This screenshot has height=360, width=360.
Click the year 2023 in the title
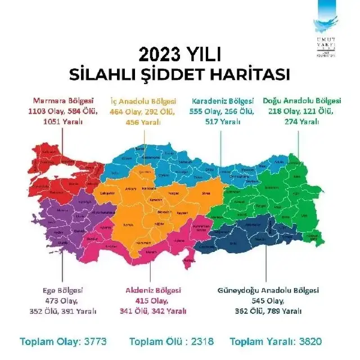[x=160, y=54]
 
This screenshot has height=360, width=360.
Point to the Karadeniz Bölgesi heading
[x=223, y=101]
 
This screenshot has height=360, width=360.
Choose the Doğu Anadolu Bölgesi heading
[x=301, y=101]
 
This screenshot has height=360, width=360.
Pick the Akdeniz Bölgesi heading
[x=153, y=290]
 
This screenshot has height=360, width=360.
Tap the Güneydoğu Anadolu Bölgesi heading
[x=268, y=290]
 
